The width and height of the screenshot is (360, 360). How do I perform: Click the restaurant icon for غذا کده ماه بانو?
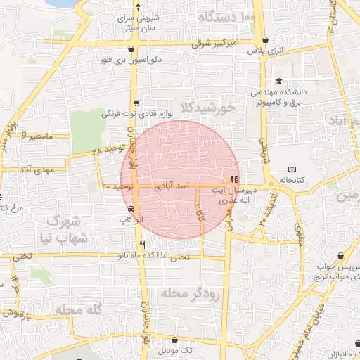[x=143, y=245]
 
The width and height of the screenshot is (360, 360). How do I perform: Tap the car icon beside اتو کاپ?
[x=131, y=208]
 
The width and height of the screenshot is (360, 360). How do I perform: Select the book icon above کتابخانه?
[x=292, y=169]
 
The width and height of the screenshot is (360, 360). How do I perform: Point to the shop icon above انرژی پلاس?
[x=264, y=40]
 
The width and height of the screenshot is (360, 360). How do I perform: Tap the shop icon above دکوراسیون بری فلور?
[x=132, y=49]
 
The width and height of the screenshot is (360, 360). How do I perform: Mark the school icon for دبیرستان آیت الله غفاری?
[x=234, y=179]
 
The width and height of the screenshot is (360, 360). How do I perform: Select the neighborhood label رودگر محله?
[x=190, y=293]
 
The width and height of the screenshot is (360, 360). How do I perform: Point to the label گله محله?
[x=79, y=309]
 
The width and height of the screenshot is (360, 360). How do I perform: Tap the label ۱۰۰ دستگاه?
[x=226, y=15]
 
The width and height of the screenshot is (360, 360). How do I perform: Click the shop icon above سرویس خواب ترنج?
[x=340, y=256]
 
